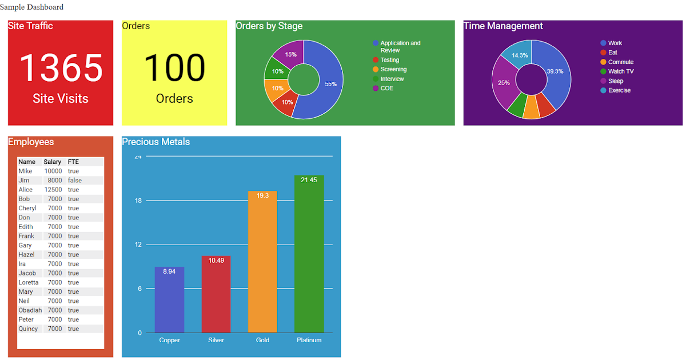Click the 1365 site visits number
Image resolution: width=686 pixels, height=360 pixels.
click(x=61, y=67)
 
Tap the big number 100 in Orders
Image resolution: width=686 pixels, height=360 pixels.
click(x=174, y=67)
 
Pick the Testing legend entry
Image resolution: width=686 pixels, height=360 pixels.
click(x=386, y=60)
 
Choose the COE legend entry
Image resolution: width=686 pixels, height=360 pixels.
click(x=383, y=89)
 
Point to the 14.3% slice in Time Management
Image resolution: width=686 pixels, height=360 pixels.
click(x=519, y=54)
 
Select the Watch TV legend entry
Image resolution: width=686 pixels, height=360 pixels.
click(x=617, y=71)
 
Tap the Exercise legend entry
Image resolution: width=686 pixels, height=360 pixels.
click(x=616, y=91)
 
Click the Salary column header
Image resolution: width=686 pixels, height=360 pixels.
click(x=52, y=162)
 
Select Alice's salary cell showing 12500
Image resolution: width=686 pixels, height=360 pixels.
click(x=53, y=190)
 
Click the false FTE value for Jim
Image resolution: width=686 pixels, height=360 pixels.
click(x=75, y=181)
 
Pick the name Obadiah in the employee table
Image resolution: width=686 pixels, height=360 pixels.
click(x=30, y=310)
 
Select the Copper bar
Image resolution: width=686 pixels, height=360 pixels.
click(x=169, y=299)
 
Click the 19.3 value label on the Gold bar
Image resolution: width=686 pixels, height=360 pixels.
click(x=262, y=195)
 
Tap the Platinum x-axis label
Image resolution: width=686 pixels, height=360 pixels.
click(x=309, y=340)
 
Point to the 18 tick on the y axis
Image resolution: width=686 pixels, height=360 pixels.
click(x=138, y=201)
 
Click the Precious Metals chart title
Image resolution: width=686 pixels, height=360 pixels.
click(x=156, y=142)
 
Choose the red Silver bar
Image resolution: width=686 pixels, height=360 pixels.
click(x=216, y=294)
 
